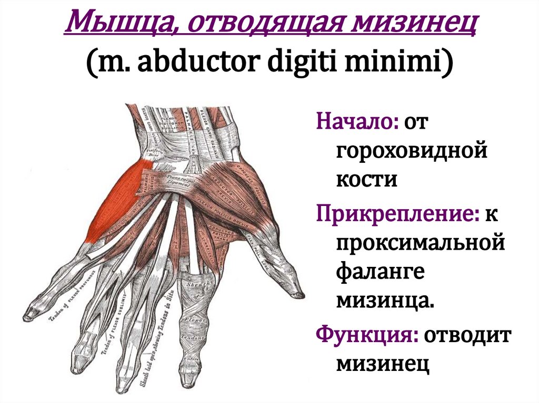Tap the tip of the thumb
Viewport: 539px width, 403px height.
[298, 292]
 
